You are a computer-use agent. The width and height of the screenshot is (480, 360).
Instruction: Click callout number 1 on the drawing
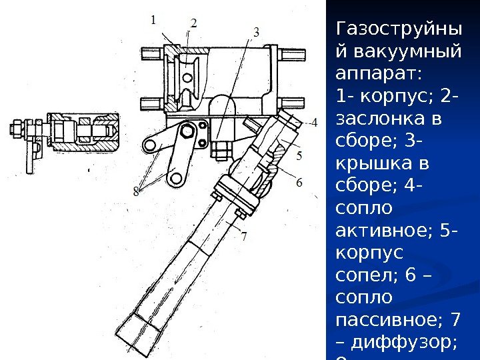(153, 19)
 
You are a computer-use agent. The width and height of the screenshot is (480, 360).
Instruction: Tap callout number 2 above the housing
(193, 23)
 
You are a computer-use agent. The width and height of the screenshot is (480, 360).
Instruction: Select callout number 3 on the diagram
(255, 31)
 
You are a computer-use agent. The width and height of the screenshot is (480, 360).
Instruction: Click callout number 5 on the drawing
(299, 155)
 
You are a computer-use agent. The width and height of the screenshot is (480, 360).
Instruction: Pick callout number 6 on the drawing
(299, 181)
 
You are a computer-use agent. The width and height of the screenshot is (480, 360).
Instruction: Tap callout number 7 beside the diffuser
(244, 235)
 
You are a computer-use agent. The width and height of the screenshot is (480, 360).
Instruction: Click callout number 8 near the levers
(137, 192)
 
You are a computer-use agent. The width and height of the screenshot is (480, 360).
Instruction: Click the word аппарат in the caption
(375, 72)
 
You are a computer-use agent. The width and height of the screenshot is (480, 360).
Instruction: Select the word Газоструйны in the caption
(399, 30)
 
